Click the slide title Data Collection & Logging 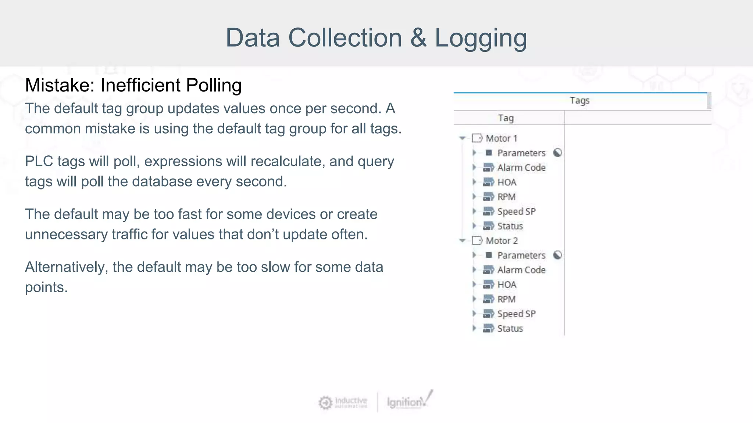click(376, 38)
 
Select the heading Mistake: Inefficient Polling click(133, 85)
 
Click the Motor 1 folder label click(501, 138)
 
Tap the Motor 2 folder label click(502, 241)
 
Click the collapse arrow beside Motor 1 click(463, 138)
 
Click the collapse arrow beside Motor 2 click(463, 241)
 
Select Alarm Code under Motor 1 click(521, 168)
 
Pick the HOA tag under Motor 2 click(507, 285)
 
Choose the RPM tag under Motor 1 click(506, 197)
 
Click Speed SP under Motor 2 click(516, 314)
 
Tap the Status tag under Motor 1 click(510, 226)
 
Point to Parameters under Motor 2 click(521, 255)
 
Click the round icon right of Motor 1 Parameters click(558, 153)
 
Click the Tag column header click(506, 118)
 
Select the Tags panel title click(579, 101)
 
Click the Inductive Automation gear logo click(325, 402)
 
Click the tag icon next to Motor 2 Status click(488, 329)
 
